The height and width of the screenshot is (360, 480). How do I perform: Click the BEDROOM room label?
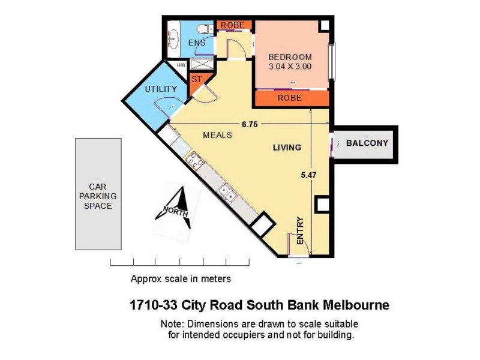coord(290,57)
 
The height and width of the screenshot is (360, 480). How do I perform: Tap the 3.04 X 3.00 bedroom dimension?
coord(290,67)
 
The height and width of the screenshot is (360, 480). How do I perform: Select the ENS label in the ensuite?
coord(197,43)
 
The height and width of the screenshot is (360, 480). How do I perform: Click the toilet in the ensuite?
coord(203,28)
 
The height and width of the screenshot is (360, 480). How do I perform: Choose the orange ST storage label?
coord(196,79)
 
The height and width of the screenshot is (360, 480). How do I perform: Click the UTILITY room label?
coord(161,89)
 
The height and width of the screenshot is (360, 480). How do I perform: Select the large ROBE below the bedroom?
coord(289,98)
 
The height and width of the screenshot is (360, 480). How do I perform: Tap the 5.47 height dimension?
coord(308,175)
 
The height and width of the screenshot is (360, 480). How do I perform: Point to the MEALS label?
coord(217,135)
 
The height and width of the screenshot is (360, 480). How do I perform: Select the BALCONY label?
coord(367,143)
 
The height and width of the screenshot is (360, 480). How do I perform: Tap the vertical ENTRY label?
coord(300,230)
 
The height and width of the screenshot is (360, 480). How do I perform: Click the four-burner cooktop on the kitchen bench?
coord(194,160)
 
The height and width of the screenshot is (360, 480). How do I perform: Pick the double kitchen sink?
coord(227,191)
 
